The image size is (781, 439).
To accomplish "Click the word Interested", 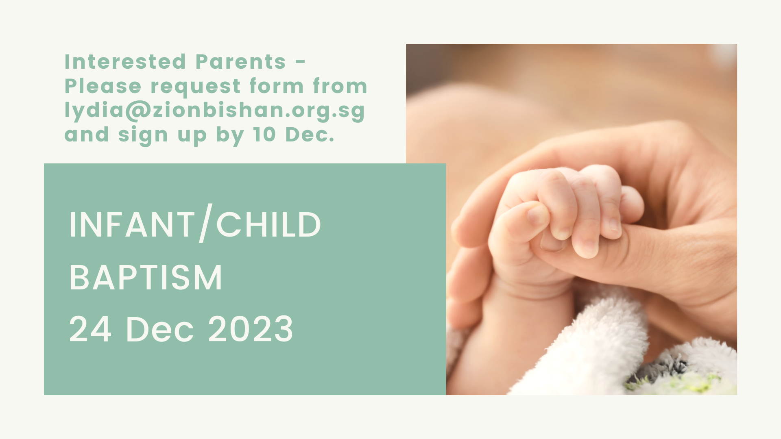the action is (x=125, y=62).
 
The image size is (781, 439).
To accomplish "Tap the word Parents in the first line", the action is (x=241, y=62).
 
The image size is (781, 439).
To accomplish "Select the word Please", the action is (x=103, y=86).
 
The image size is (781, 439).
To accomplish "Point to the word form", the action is (x=277, y=86).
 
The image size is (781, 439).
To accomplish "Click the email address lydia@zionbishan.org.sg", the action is (x=215, y=111).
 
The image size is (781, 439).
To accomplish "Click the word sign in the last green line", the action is (x=143, y=136).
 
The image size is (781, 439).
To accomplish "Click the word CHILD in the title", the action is (x=268, y=225).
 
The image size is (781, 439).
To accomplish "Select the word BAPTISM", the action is (x=146, y=278).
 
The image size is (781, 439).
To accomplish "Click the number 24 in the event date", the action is (x=90, y=329).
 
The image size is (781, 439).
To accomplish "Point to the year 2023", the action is (x=251, y=329).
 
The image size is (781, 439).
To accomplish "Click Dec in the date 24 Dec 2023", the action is (x=160, y=329).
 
